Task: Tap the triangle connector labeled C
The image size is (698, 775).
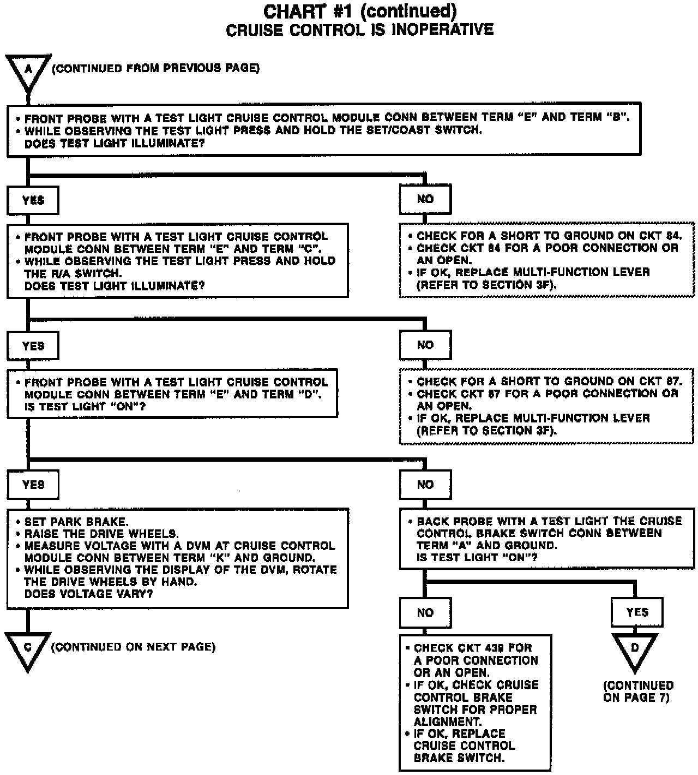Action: (x=28, y=649)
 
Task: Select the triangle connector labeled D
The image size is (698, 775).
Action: (x=635, y=650)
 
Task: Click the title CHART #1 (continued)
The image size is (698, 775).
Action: (x=360, y=11)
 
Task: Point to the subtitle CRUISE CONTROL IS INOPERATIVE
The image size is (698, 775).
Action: (x=360, y=29)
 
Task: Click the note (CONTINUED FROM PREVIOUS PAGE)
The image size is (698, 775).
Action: (x=155, y=68)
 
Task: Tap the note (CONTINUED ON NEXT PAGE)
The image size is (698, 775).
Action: (x=133, y=647)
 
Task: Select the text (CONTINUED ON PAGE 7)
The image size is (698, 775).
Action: (x=638, y=691)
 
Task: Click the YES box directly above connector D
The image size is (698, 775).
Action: (x=637, y=612)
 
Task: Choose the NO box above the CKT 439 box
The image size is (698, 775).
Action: (x=425, y=612)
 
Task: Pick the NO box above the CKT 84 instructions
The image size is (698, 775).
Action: (x=425, y=199)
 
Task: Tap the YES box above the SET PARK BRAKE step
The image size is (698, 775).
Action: (x=33, y=485)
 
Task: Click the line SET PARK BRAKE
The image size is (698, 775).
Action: (x=76, y=522)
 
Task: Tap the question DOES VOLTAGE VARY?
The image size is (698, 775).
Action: (x=88, y=594)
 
